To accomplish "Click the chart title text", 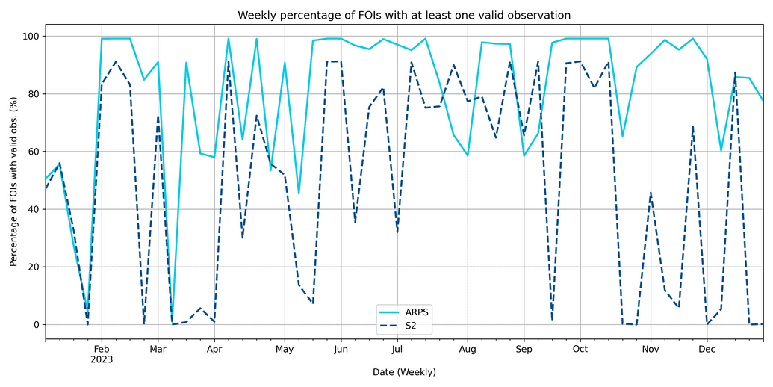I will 404,15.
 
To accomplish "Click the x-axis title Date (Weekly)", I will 404,371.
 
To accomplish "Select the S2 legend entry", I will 412,326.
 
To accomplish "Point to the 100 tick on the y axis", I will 31,36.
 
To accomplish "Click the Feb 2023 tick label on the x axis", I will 102,353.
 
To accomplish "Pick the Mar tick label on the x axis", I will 158,349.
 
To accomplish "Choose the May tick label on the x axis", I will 285,349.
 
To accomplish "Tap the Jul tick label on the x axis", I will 397,349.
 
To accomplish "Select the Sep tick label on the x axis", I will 524,349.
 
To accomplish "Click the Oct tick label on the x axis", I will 580,349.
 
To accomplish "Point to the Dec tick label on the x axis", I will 707,349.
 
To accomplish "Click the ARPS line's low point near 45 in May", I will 299,193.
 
